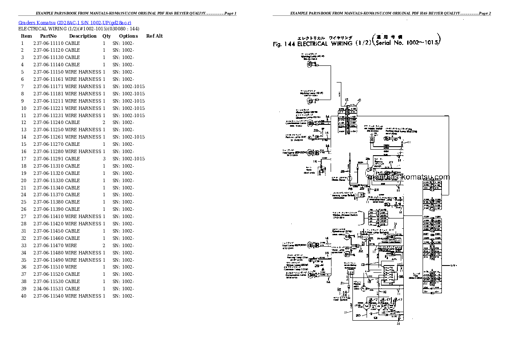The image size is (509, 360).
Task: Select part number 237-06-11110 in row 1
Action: coord(48,43)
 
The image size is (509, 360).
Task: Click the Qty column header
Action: coord(106,36)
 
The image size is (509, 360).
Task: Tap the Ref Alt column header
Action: coord(154,36)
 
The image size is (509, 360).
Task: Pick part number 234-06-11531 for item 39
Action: coord(48,289)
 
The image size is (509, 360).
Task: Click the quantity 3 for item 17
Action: coord(104,159)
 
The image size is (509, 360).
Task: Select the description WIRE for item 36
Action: coord(71,267)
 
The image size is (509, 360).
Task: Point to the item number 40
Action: coord(24,296)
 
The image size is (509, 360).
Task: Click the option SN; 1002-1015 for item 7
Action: coord(128,86)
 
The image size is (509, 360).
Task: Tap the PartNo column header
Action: coord(48,36)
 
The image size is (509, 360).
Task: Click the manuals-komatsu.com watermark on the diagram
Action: coord(408,177)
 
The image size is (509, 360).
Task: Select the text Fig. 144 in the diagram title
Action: coord(284,44)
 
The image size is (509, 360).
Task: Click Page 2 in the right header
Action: coord(485,14)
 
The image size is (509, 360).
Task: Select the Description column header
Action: coord(83,36)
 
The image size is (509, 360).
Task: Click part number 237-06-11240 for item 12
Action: coord(48,122)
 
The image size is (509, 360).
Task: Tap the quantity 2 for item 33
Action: coord(104,245)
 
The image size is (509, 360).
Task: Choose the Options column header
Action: coord(128,36)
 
